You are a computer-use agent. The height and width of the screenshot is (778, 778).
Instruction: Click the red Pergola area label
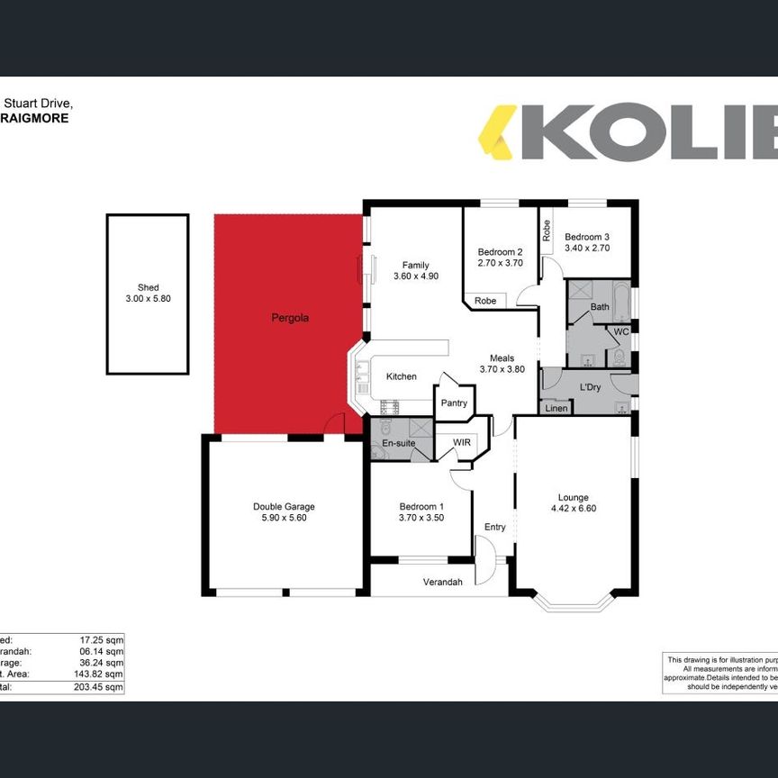click(x=290, y=318)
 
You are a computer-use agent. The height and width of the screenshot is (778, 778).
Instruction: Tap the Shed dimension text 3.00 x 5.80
click(x=148, y=298)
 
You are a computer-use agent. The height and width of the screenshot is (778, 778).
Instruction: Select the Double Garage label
click(x=284, y=507)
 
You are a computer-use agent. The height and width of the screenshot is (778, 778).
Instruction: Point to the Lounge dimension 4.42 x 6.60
click(x=574, y=508)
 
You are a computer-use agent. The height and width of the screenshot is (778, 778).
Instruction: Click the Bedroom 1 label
click(x=421, y=507)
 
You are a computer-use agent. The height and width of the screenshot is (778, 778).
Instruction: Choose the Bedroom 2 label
click(x=500, y=252)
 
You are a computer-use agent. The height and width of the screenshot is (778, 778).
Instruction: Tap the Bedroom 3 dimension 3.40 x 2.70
click(x=587, y=248)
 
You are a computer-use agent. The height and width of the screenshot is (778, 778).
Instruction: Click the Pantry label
click(x=455, y=403)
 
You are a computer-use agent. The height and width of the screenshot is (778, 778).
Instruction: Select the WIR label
click(x=462, y=442)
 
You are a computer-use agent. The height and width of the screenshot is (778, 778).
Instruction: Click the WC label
click(x=620, y=331)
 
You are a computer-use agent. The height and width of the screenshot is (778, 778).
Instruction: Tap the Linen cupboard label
click(x=556, y=409)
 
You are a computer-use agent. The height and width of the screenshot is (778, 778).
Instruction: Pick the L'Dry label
click(x=590, y=387)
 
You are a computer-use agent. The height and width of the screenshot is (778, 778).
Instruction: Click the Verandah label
click(x=443, y=582)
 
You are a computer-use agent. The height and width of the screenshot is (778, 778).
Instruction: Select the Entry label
click(x=494, y=528)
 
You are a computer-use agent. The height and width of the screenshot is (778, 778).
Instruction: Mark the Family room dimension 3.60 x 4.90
click(x=415, y=276)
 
